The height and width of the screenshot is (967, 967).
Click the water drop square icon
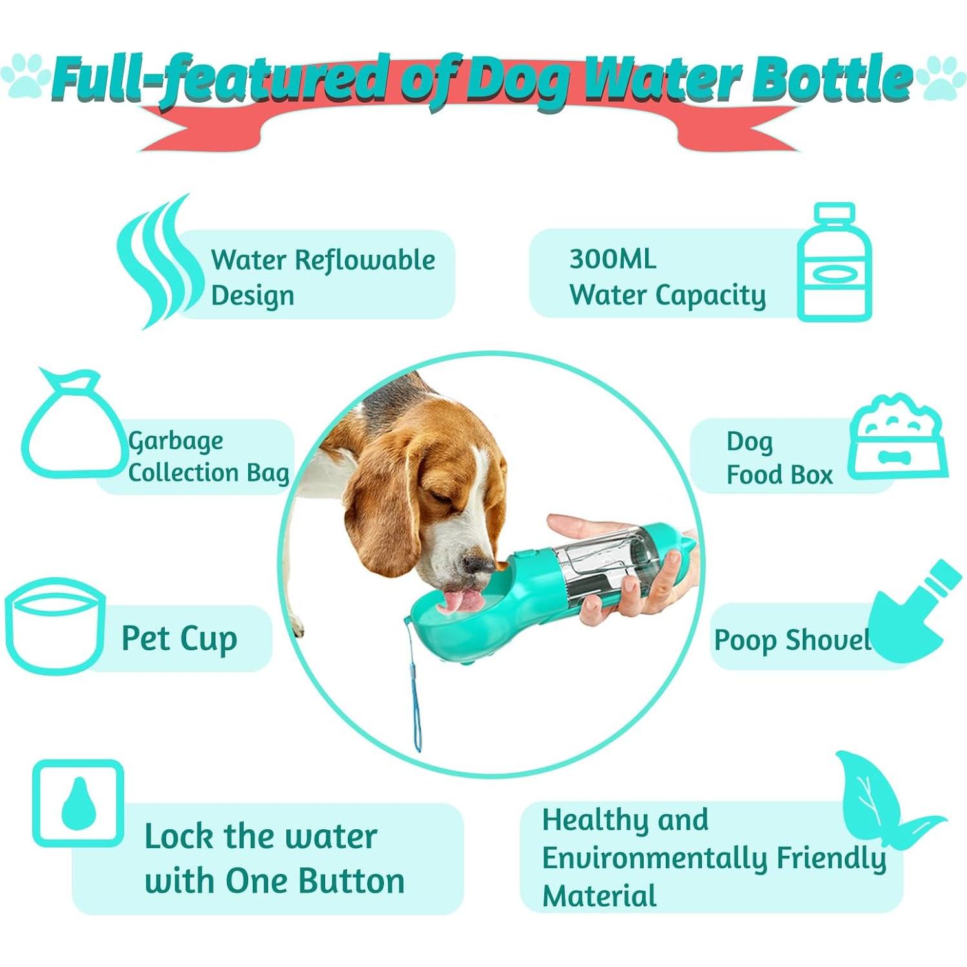78,803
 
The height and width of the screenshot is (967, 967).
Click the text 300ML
612,260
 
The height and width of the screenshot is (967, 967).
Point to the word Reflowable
365,260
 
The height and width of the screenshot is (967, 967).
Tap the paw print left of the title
25,76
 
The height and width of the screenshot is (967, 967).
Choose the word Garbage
176,441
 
